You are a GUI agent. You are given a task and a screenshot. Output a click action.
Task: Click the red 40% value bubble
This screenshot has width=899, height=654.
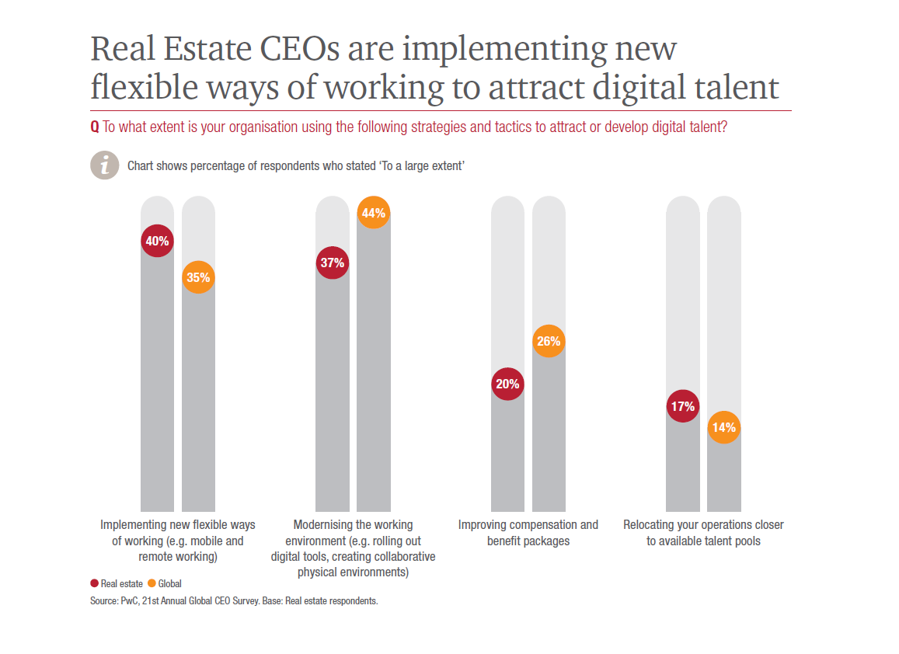tap(157, 241)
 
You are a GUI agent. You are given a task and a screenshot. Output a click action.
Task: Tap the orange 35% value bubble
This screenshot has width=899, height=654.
tap(198, 277)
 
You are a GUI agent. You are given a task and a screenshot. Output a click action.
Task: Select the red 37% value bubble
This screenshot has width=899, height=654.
tap(332, 263)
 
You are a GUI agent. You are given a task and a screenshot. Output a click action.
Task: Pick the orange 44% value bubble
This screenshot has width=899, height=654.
tap(374, 214)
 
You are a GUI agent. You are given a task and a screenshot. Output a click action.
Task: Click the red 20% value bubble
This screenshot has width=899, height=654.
tap(507, 384)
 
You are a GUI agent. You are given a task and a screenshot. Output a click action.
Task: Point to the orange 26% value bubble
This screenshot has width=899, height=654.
tap(549, 341)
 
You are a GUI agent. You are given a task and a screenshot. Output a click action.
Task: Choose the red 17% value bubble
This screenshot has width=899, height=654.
tap(682, 405)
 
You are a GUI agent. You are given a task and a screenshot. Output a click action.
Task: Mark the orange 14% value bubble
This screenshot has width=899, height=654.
tap(723, 427)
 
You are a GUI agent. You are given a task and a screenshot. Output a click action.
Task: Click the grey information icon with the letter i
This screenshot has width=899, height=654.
tap(104, 165)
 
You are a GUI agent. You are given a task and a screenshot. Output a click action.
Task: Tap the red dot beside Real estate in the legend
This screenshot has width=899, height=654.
tap(94, 583)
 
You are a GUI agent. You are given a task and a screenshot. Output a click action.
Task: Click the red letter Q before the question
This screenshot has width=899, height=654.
tap(95, 127)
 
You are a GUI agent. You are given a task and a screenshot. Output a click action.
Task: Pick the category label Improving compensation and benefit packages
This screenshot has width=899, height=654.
tap(528, 533)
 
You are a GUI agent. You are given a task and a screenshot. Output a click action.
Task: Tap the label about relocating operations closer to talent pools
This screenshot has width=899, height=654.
tap(703, 533)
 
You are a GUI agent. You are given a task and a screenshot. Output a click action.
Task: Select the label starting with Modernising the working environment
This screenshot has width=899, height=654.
tap(353, 548)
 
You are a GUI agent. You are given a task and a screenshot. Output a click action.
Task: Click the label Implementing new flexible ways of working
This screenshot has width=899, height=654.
tap(178, 541)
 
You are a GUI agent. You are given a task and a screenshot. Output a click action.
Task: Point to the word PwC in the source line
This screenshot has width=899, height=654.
tap(130, 601)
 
